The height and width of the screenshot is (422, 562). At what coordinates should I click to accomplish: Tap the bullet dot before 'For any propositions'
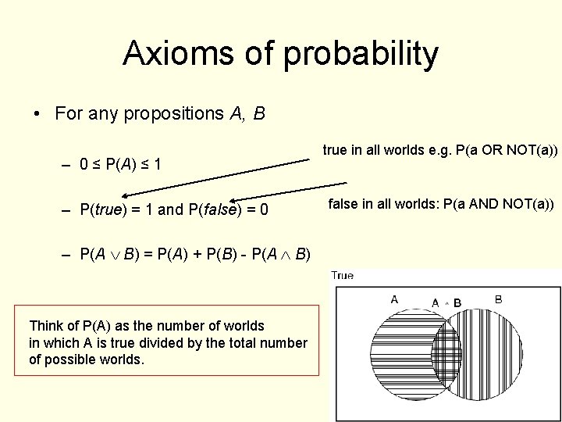click(x=37, y=114)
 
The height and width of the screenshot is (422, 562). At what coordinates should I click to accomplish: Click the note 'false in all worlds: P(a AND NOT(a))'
click(x=440, y=204)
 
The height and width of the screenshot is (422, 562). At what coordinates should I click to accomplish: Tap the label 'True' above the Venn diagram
click(x=343, y=275)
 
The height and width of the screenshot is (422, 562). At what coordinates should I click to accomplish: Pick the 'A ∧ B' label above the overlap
click(x=446, y=302)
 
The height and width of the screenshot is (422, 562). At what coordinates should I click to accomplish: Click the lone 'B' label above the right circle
click(x=498, y=299)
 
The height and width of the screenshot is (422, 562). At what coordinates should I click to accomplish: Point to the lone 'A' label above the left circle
click(x=394, y=299)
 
